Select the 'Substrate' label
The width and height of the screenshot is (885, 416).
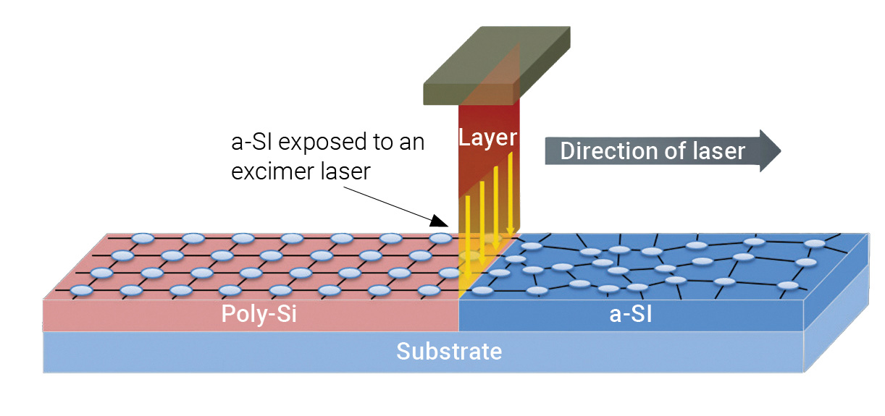(448, 352)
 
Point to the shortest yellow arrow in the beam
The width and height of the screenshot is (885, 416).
(511, 192)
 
